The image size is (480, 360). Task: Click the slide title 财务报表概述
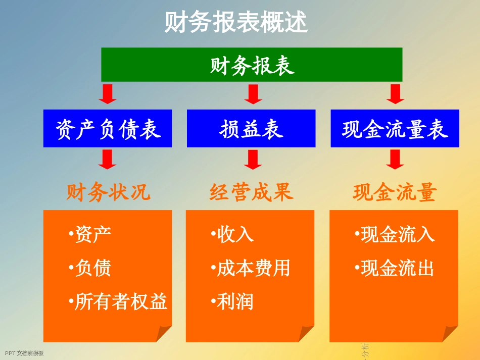[236, 23]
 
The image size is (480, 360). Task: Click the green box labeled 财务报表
[252, 65]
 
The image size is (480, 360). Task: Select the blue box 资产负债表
[108, 129]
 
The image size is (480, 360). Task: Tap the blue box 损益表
[251, 129]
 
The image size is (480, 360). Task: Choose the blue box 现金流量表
[395, 129]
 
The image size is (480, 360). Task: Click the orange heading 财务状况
[108, 192]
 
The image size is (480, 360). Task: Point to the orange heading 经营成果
[251, 192]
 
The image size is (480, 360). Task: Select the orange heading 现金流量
[395, 192]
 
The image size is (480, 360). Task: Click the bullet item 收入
[233, 234]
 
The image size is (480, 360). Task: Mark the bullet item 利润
[233, 301]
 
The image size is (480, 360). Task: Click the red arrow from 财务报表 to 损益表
[252, 94]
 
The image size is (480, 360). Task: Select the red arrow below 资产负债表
[108, 159]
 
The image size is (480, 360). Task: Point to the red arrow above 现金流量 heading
[395, 159]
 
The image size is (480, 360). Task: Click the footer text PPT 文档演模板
[24, 353]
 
